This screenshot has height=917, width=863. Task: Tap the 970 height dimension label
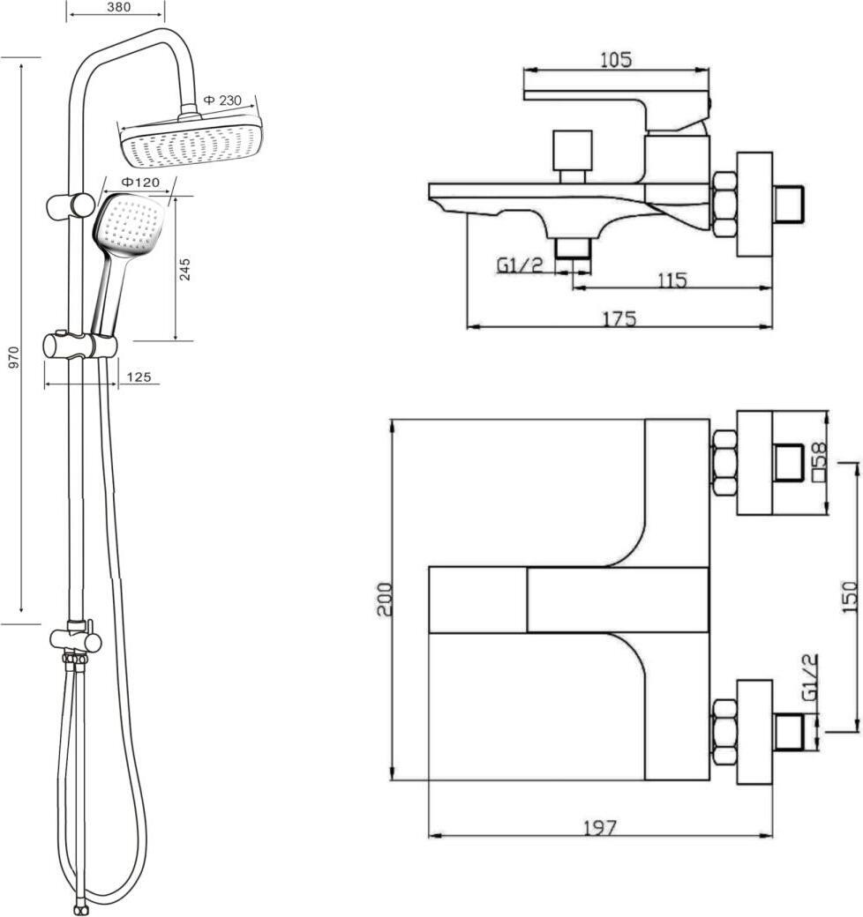click(x=15, y=357)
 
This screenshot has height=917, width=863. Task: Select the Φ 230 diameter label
click(x=222, y=101)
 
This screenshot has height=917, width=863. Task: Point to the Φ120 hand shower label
click(x=139, y=183)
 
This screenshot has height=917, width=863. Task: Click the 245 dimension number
click(x=185, y=269)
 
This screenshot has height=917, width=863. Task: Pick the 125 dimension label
click(x=139, y=377)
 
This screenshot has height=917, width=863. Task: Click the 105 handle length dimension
click(x=616, y=60)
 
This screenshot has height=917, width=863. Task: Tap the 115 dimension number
click(x=672, y=280)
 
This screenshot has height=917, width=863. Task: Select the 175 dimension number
click(x=619, y=319)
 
